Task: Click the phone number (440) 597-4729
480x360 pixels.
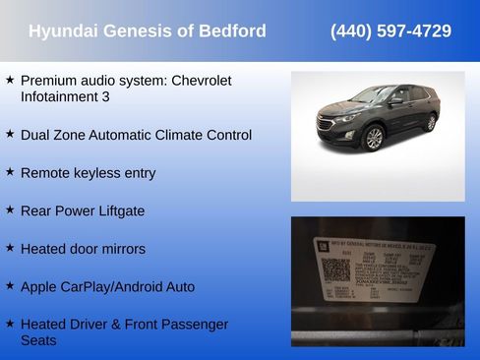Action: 390,31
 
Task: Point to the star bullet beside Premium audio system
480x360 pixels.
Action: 10,79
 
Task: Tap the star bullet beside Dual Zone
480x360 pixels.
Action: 10,133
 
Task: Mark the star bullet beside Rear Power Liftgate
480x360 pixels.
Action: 10,210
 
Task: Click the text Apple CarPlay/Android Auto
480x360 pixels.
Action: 107,287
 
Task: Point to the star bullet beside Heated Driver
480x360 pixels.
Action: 10,323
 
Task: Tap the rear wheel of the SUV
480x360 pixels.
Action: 430,123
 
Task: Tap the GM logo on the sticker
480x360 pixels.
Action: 309,241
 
